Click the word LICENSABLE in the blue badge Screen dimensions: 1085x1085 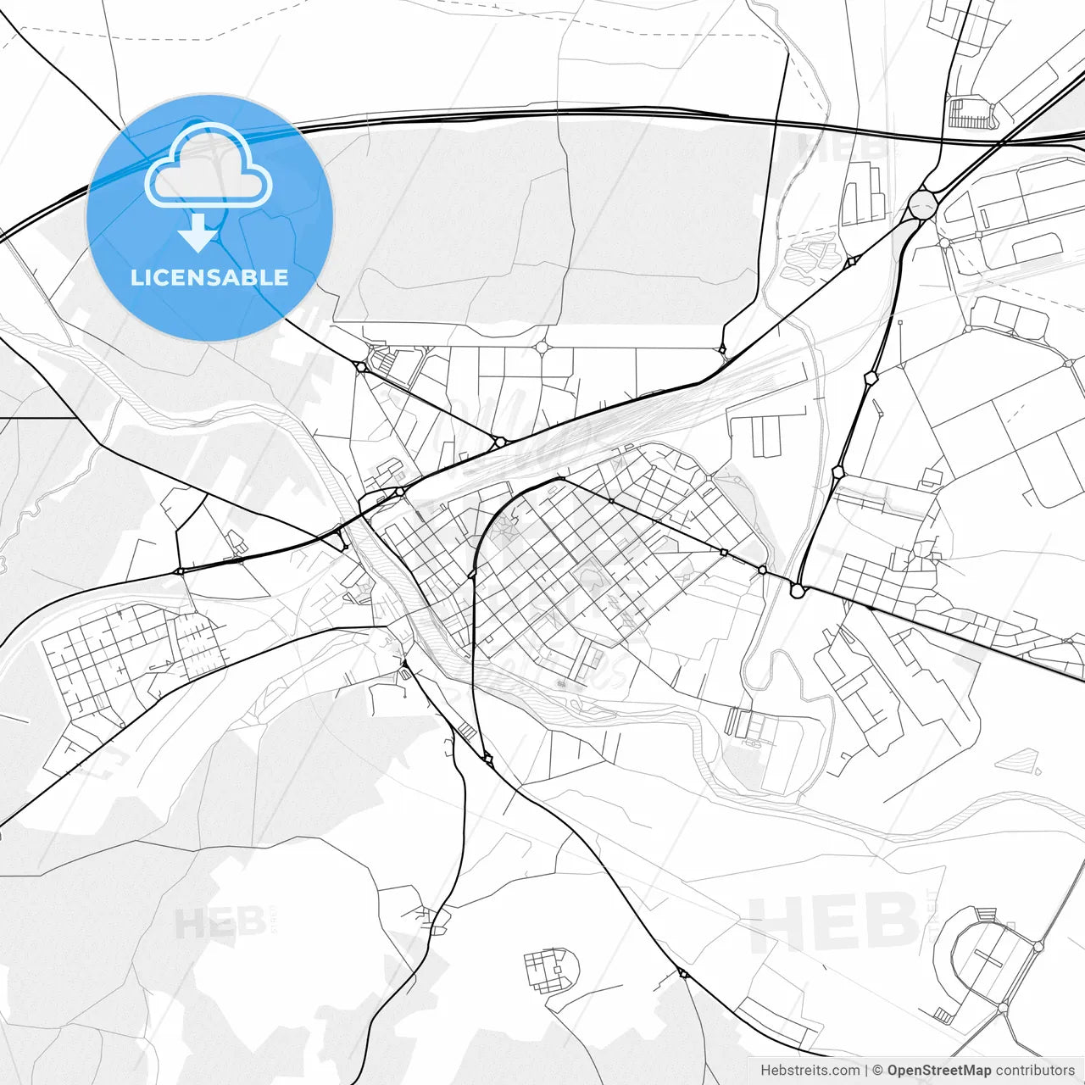pos(209,277)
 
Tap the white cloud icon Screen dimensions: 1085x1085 pos(209,165)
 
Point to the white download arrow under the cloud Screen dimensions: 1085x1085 pos(198,232)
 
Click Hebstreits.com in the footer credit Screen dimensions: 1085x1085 pos(810,1071)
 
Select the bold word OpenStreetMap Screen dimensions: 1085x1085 pos(938,1071)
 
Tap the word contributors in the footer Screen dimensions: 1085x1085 pos(1035,1071)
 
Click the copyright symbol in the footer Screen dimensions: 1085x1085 pos(878,1071)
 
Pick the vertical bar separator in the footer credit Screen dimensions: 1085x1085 pos(866,1071)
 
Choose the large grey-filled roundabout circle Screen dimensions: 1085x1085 pos(922,204)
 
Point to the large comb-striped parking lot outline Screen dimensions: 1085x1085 pos(970,114)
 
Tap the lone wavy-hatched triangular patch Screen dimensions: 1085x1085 pos(1020,759)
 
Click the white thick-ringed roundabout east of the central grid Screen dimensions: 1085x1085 pos(797,590)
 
